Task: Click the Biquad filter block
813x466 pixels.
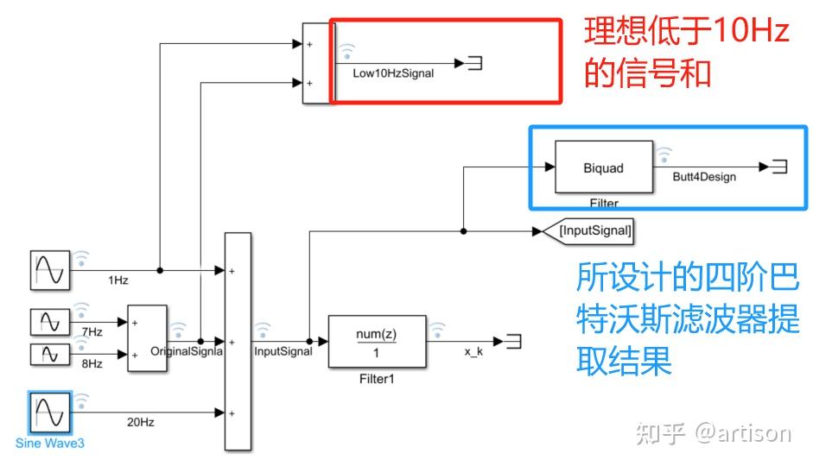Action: (602, 168)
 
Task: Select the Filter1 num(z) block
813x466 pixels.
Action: (377, 342)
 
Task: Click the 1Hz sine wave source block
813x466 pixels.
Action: (49, 271)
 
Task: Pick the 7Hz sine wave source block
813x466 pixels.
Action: (49, 322)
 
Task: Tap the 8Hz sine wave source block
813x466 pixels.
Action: (49, 354)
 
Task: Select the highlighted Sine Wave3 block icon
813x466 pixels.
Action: (49, 412)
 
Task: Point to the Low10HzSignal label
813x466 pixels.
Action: (393, 74)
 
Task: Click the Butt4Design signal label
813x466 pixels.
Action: (704, 177)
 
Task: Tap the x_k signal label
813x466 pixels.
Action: (473, 353)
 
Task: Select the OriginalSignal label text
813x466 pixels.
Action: (187, 351)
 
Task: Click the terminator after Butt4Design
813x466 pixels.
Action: (778, 167)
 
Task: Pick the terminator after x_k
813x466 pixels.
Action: (514, 342)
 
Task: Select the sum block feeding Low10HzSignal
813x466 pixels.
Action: (315, 62)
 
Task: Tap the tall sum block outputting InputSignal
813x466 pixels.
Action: (238, 341)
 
